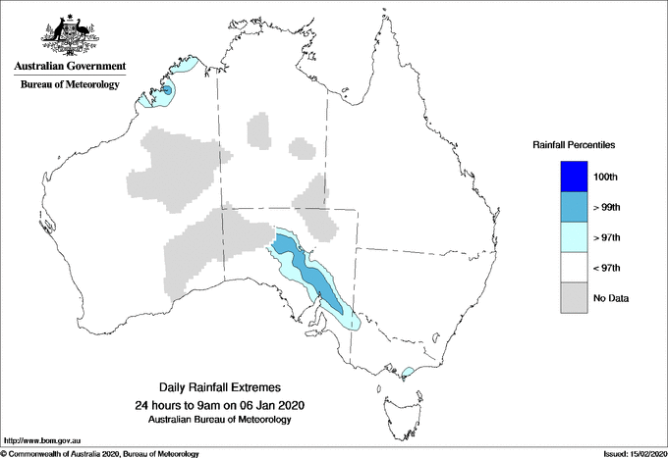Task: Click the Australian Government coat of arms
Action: click(70, 33)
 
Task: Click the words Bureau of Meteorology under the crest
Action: click(70, 85)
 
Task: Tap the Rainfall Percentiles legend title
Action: click(574, 145)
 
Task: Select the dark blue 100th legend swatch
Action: click(574, 177)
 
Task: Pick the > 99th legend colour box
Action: click(574, 207)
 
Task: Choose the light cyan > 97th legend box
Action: click(574, 237)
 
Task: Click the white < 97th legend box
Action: click(574, 268)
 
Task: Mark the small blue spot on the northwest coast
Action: click(167, 90)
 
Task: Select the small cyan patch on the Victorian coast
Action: click(408, 371)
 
